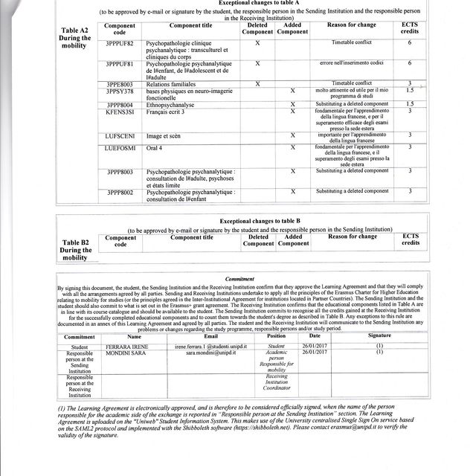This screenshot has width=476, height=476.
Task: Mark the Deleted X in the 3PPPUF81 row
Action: click(x=257, y=63)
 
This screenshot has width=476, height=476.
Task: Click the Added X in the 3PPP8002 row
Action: click(x=293, y=191)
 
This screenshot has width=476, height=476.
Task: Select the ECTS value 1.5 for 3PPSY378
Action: click(x=410, y=90)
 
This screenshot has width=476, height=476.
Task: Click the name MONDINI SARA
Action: click(x=127, y=353)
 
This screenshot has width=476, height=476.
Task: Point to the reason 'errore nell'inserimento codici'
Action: click(x=347, y=63)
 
